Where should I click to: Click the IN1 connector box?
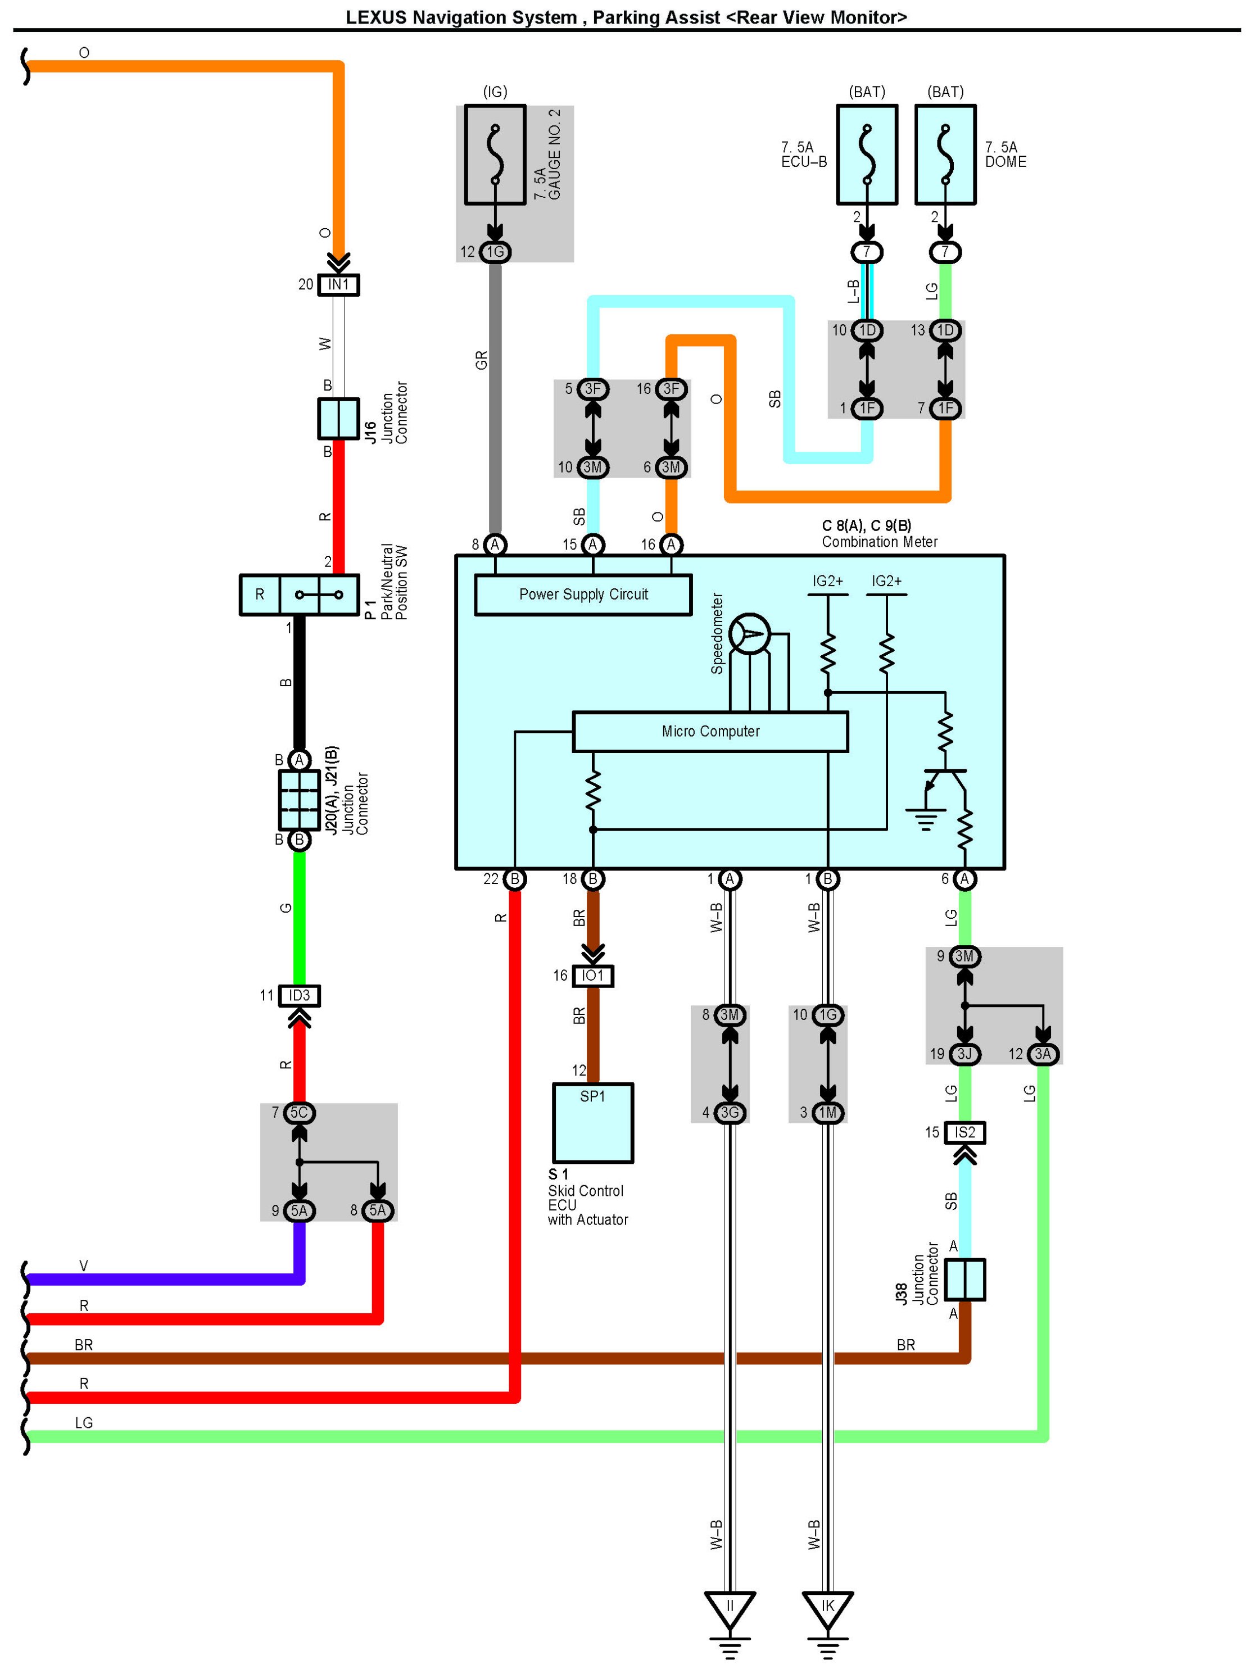click(338, 284)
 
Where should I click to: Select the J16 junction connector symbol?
click(337, 419)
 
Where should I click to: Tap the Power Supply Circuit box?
click(583, 595)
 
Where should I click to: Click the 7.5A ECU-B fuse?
click(867, 155)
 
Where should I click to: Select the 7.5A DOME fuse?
click(945, 155)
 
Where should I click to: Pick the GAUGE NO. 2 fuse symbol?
click(495, 155)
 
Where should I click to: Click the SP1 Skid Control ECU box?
click(592, 1123)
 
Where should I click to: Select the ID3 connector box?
click(299, 995)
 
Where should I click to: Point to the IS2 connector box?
click(964, 1132)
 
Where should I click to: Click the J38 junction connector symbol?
click(964, 1280)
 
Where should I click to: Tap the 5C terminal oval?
click(299, 1112)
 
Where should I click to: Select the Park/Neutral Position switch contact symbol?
click(319, 595)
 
